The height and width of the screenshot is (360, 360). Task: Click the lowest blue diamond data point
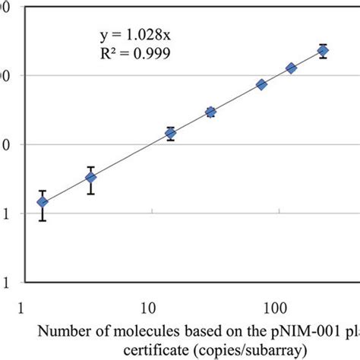click(43, 202)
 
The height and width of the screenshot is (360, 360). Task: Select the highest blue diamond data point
click(323, 51)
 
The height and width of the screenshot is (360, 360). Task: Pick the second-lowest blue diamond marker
click(91, 178)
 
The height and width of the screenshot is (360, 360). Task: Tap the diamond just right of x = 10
click(171, 134)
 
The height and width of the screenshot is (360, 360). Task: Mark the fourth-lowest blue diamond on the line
click(210, 112)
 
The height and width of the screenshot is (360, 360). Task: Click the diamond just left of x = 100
click(261, 84)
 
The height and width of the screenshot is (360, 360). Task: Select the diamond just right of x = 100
click(291, 68)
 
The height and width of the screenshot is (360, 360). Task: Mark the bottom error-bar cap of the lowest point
click(43, 220)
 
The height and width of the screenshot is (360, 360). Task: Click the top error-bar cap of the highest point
click(323, 45)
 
